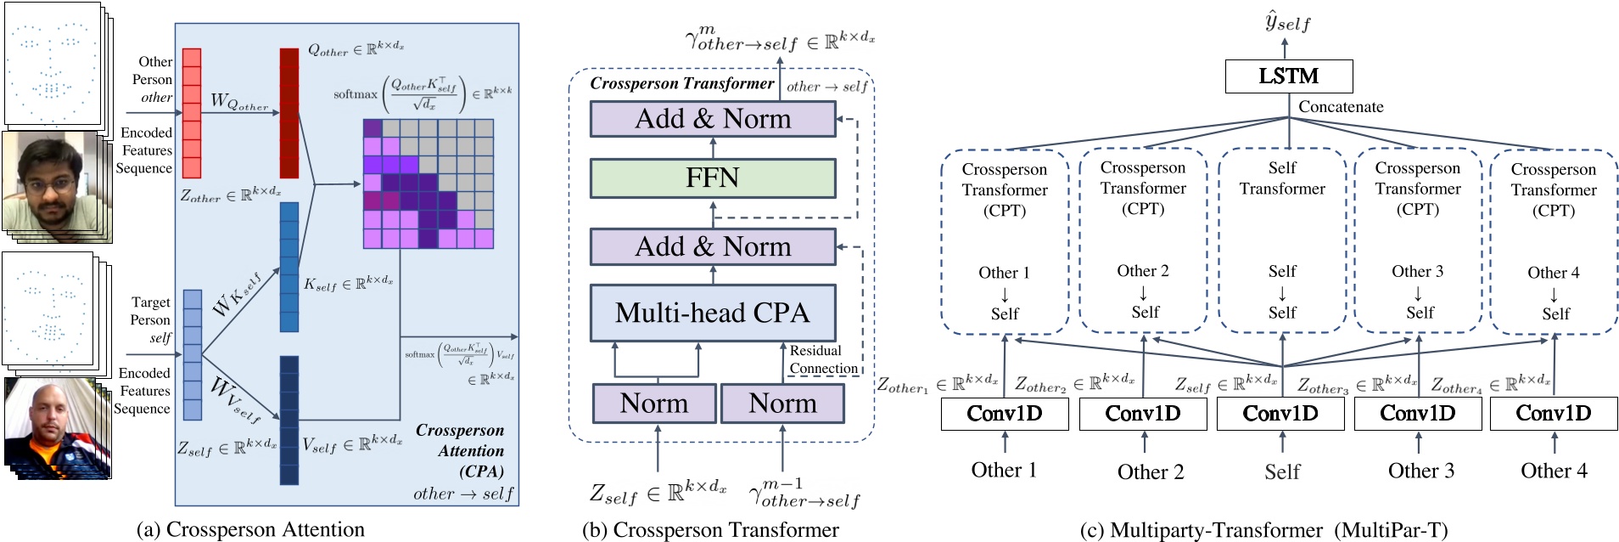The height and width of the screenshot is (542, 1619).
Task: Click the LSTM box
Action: [1288, 76]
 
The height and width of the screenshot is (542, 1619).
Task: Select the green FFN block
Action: [712, 178]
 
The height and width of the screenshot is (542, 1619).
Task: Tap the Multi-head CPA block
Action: [712, 313]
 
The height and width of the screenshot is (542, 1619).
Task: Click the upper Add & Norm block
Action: [712, 119]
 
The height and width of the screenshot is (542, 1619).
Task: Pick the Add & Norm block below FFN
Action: [712, 246]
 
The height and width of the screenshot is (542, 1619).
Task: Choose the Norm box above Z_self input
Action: [653, 404]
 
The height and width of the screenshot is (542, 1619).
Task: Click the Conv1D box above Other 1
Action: [1005, 414]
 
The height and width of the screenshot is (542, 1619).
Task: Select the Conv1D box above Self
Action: [1280, 414]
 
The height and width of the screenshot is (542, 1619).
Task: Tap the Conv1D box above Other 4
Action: [1554, 414]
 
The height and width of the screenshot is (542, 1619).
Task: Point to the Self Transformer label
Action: [1282, 178]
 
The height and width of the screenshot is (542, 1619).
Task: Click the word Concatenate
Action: [1341, 107]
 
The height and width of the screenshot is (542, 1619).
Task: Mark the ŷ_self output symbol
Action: [1286, 22]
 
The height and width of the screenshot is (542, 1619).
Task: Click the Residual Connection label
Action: [823, 359]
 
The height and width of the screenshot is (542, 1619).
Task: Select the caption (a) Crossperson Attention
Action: [250, 529]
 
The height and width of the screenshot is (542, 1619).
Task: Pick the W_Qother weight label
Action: [239, 102]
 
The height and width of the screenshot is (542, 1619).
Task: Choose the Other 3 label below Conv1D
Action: [1420, 471]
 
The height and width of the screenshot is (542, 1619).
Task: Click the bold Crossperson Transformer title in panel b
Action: [681, 83]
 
